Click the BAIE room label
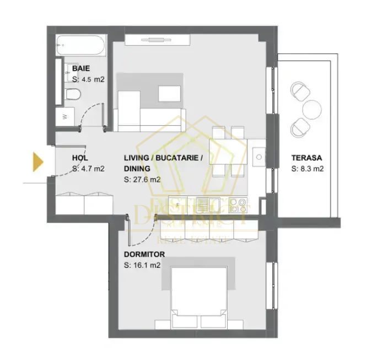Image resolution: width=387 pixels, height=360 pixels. pos(81,68)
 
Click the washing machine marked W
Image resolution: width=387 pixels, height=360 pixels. pos(65,117)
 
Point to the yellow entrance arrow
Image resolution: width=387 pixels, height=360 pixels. pos(38,161)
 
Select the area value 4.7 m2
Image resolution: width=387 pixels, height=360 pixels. pos(88,169)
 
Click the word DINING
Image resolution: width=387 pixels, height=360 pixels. pos(137,169)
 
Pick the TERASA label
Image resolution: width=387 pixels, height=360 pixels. pos(307,158)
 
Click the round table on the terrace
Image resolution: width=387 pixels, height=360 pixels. pos(312,108)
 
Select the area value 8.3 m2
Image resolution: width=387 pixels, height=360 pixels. pos(307,169)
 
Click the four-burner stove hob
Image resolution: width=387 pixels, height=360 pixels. pos(238,205)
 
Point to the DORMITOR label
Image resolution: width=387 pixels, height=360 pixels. pos(144,254)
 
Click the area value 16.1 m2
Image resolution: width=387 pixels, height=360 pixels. pos(142,265)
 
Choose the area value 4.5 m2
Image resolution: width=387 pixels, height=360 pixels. pos(88,79)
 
